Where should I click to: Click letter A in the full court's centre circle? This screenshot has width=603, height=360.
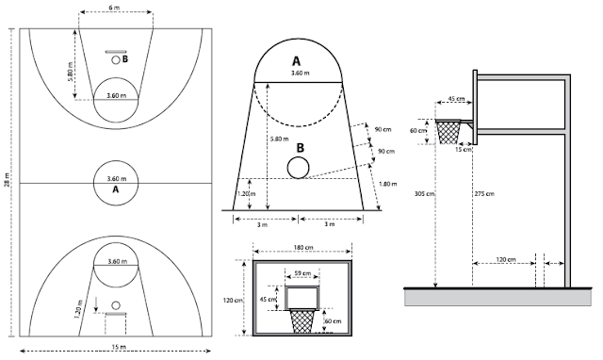click(115, 189)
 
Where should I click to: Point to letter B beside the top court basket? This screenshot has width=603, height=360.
click(125, 59)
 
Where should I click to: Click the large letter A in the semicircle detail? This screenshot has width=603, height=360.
click(296, 61)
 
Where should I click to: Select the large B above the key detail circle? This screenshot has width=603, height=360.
click(300, 148)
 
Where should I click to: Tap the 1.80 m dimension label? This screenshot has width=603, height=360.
click(387, 184)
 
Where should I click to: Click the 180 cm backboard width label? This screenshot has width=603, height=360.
click(303, 247)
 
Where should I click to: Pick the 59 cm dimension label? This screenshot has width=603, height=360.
click(302, 273)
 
